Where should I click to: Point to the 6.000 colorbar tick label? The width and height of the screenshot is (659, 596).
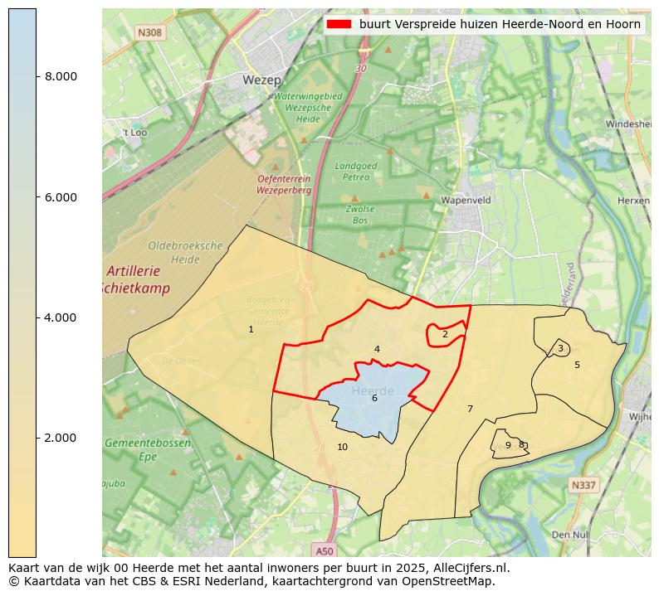[61, 197]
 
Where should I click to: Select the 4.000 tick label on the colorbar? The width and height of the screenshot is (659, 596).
[61, 317]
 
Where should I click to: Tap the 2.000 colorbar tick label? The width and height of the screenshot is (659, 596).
[61, 438]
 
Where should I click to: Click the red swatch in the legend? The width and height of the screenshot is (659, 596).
[339, 24]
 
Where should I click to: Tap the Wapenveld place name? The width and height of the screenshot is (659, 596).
[466, 201]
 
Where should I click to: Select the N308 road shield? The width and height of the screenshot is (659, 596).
[150, 32]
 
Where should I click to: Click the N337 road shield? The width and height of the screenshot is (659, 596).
[583, 485]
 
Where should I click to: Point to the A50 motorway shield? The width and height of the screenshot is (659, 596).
[325, 550]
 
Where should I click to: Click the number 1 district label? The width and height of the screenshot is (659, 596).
[251, 330]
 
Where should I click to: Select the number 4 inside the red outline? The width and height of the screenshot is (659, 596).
[377, 350]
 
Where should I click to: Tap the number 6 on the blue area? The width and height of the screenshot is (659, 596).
[374, 399]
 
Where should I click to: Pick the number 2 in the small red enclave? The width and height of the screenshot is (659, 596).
[445, 335]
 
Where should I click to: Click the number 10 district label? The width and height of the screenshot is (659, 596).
[342, 448]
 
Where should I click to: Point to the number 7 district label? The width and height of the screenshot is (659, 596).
[470, 409]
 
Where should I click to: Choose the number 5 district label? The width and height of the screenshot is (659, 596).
[577, 365]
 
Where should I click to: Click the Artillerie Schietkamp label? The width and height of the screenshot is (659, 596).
[138, 280]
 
